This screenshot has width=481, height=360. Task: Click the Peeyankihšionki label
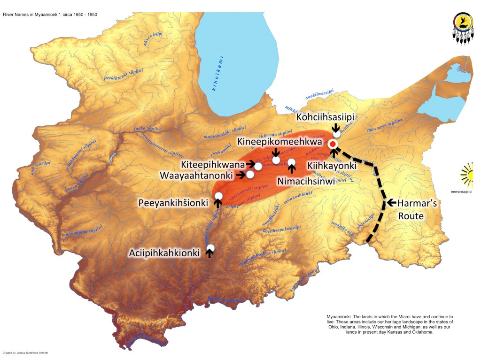coord(173,203)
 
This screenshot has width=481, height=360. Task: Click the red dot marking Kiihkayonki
coord(333,144)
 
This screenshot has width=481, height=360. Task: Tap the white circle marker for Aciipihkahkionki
coord(210,247)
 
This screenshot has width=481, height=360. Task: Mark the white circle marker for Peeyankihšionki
coord(218,196)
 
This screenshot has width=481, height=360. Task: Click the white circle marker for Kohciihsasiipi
coord(336,134)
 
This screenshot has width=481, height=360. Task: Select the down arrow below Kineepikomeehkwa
coord(276,152)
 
